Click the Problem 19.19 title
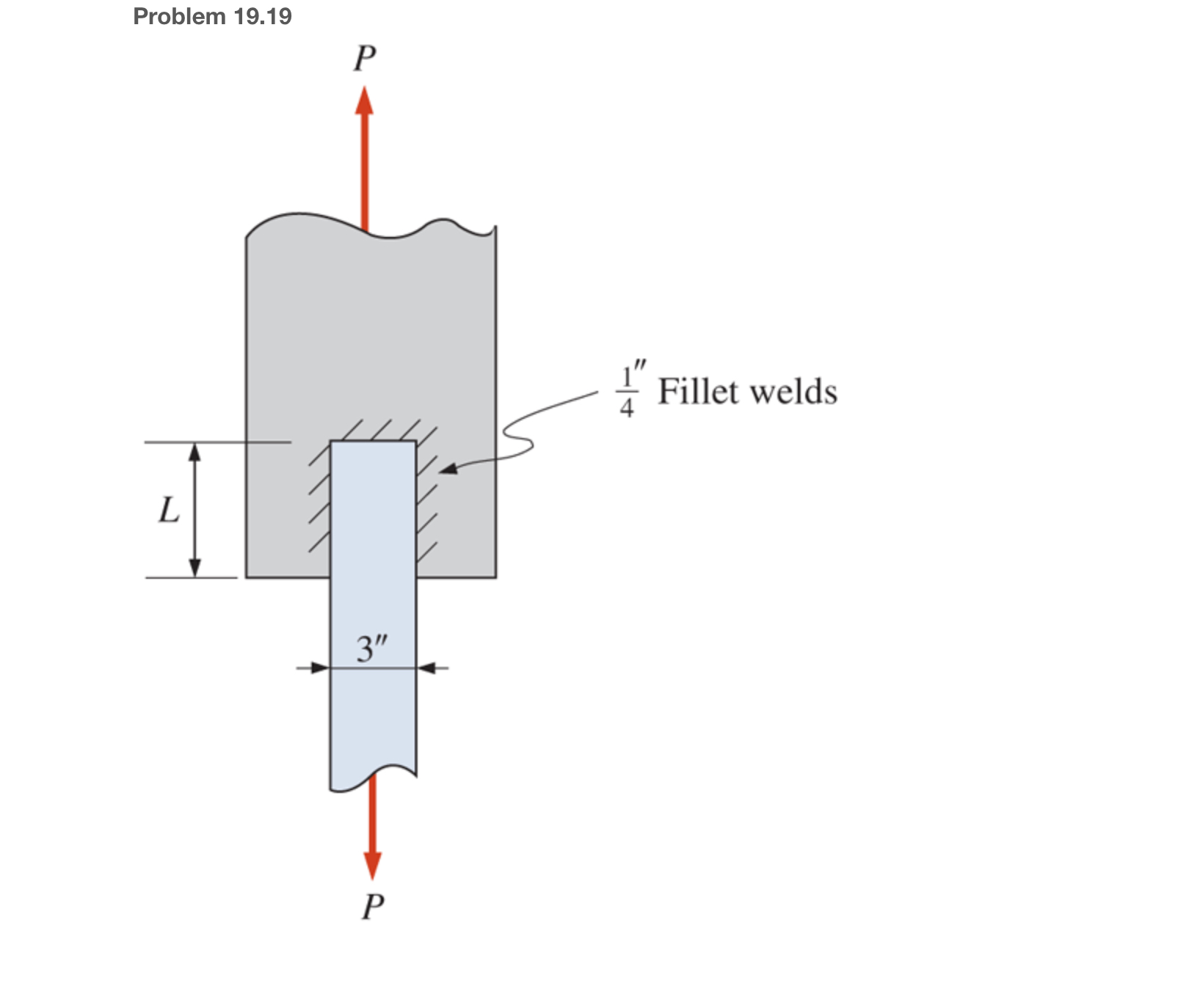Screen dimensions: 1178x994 (x=212, y=16)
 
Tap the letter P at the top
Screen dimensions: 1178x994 (x=365, y=59)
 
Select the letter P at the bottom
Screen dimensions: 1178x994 (x=373, y=907)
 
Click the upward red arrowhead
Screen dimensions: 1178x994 (x=364, y=101)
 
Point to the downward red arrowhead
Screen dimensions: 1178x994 (x=373, y=866)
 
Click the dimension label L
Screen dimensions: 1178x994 (x=170, y=510)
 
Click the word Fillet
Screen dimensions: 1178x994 (x=698, y=391)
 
